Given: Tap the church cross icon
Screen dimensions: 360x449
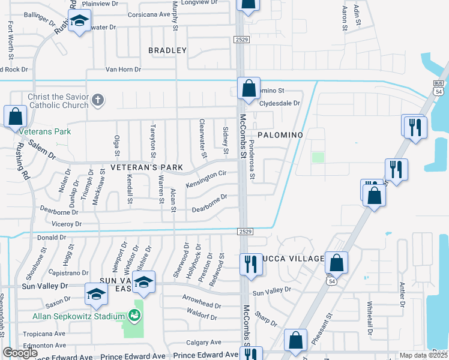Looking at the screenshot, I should point(98,100).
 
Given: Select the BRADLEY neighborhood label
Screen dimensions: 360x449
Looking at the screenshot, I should point(167,50).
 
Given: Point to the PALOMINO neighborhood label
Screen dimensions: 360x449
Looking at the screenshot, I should point(278,135).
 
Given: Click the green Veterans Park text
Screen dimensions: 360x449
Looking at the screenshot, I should point(44,131).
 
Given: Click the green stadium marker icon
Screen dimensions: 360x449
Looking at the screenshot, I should point(134,315).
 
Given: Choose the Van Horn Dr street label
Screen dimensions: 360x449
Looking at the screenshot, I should point(123,70).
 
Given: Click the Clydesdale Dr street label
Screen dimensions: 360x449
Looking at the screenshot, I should point(279,103).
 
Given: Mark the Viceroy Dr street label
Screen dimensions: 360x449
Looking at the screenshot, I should point(66,224).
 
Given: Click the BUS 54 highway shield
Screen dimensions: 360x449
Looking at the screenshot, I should point(439,87).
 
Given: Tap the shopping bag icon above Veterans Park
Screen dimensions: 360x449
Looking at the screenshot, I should point(15,116).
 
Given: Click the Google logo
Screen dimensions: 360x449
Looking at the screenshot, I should point(21,352).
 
